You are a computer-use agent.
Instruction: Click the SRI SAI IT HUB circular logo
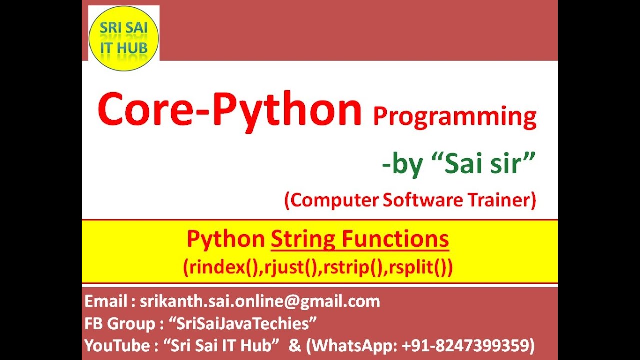[123, 39]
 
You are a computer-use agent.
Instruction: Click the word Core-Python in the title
[229, 111]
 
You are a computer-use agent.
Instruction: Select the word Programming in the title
[454, 116]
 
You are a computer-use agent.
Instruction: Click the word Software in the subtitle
[423, 200]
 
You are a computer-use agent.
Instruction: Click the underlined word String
[302, 240]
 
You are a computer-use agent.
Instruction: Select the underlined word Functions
[395, 240]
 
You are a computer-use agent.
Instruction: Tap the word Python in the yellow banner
[225, 240]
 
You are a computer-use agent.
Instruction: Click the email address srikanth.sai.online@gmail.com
[260, 301]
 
